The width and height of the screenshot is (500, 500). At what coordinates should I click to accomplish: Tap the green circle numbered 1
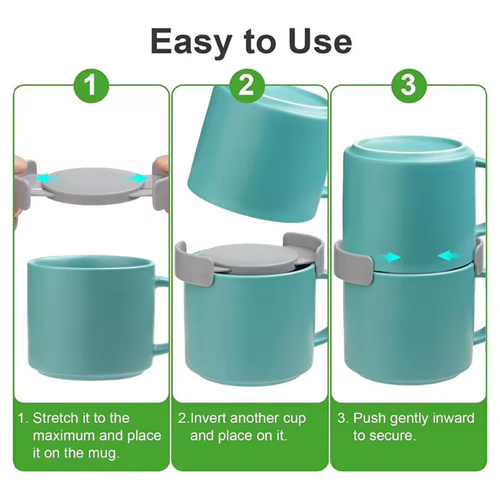coord(92,85)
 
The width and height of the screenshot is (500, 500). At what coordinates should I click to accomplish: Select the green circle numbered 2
coord(247,85)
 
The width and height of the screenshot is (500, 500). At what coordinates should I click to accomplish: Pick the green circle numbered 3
coord(408,85)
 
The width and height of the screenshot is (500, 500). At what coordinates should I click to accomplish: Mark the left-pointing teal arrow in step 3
coord(448,256)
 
